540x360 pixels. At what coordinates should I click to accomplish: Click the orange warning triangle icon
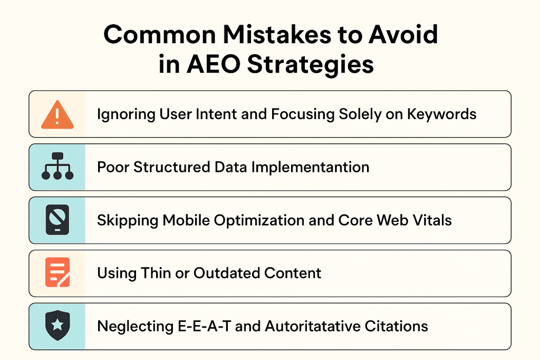tap(56, 114)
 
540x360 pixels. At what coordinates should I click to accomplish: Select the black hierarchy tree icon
tap(56, 167)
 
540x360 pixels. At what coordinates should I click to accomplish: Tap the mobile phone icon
tap(56, 220)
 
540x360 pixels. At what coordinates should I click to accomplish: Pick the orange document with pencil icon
tap(56, 273)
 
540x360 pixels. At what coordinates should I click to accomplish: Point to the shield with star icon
tap(56, 326)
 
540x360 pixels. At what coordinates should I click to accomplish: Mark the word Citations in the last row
tap(397, 326)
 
